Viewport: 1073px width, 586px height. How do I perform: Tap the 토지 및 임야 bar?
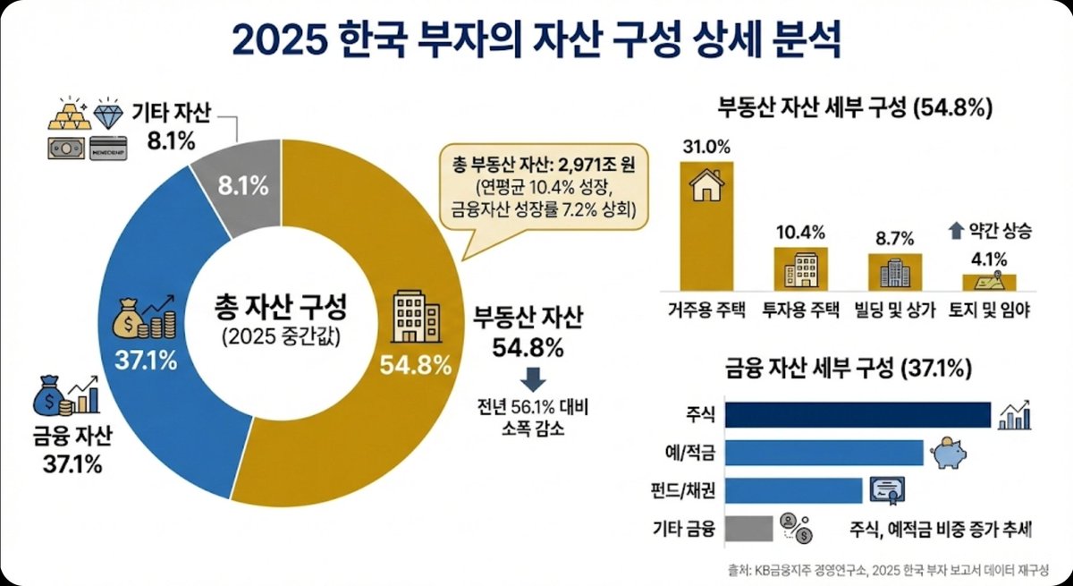point(989,281)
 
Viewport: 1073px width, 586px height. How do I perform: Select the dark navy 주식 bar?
point(857,415)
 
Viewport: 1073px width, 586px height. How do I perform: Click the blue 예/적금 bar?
point(824,453)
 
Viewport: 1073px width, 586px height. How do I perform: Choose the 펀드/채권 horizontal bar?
point(793,490)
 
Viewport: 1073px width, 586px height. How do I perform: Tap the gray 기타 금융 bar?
point(748,528)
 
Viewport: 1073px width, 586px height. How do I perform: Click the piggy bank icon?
point(949,453)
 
